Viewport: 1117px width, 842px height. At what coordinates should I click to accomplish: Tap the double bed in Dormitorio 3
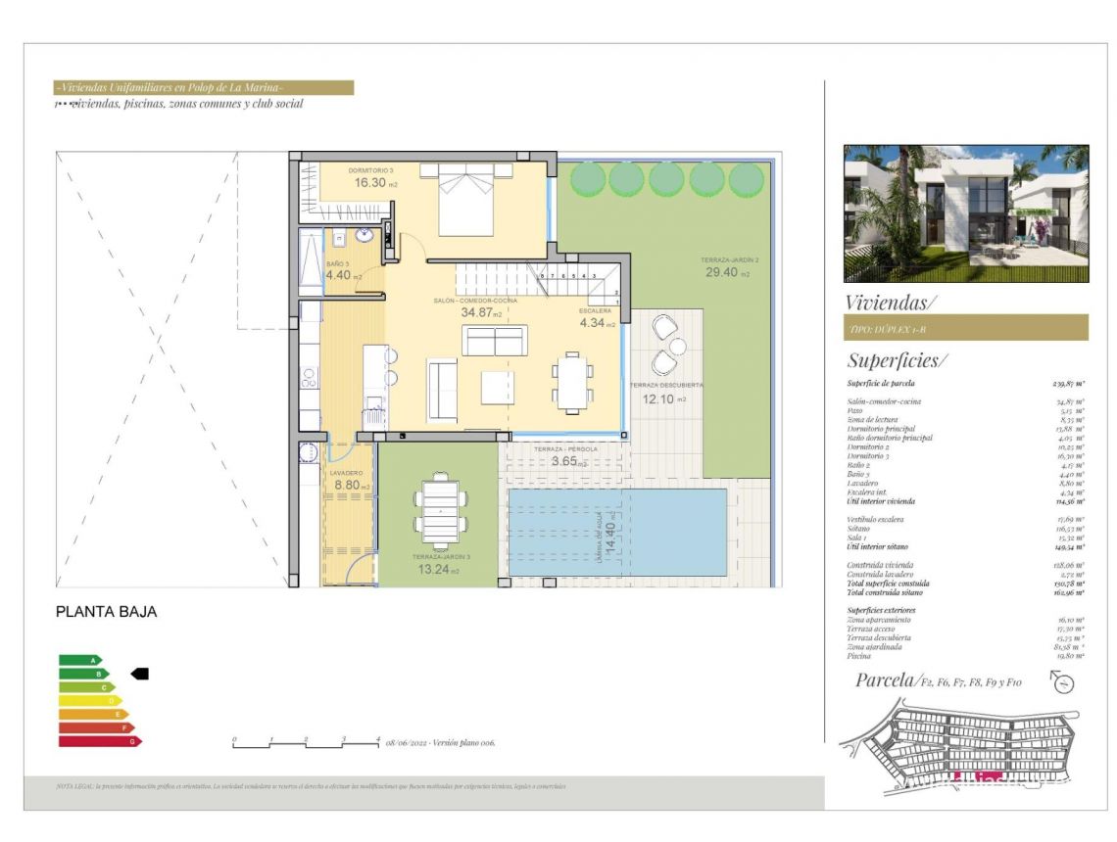[465, 200]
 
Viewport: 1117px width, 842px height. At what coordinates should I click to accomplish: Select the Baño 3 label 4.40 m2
[343, 275]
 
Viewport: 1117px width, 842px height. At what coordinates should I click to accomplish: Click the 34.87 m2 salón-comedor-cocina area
[481, 313]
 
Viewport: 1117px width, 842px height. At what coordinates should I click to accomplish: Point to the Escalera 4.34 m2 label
[597, 322]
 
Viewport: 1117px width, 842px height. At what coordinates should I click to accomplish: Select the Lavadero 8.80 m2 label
[351, 484]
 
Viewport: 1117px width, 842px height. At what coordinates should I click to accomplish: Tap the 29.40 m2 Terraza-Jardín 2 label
[729, 273]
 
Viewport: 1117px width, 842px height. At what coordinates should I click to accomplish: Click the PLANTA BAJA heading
[106, 612]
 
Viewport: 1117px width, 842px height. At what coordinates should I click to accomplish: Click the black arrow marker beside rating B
[139, 674]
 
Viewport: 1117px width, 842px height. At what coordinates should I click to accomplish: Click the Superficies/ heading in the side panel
[897, 359]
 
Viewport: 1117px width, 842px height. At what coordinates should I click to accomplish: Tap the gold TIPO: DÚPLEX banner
[965, 327]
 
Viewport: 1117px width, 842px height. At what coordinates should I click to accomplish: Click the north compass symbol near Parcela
[1063, 682]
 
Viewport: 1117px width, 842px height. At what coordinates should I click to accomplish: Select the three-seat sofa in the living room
[495, 341]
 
